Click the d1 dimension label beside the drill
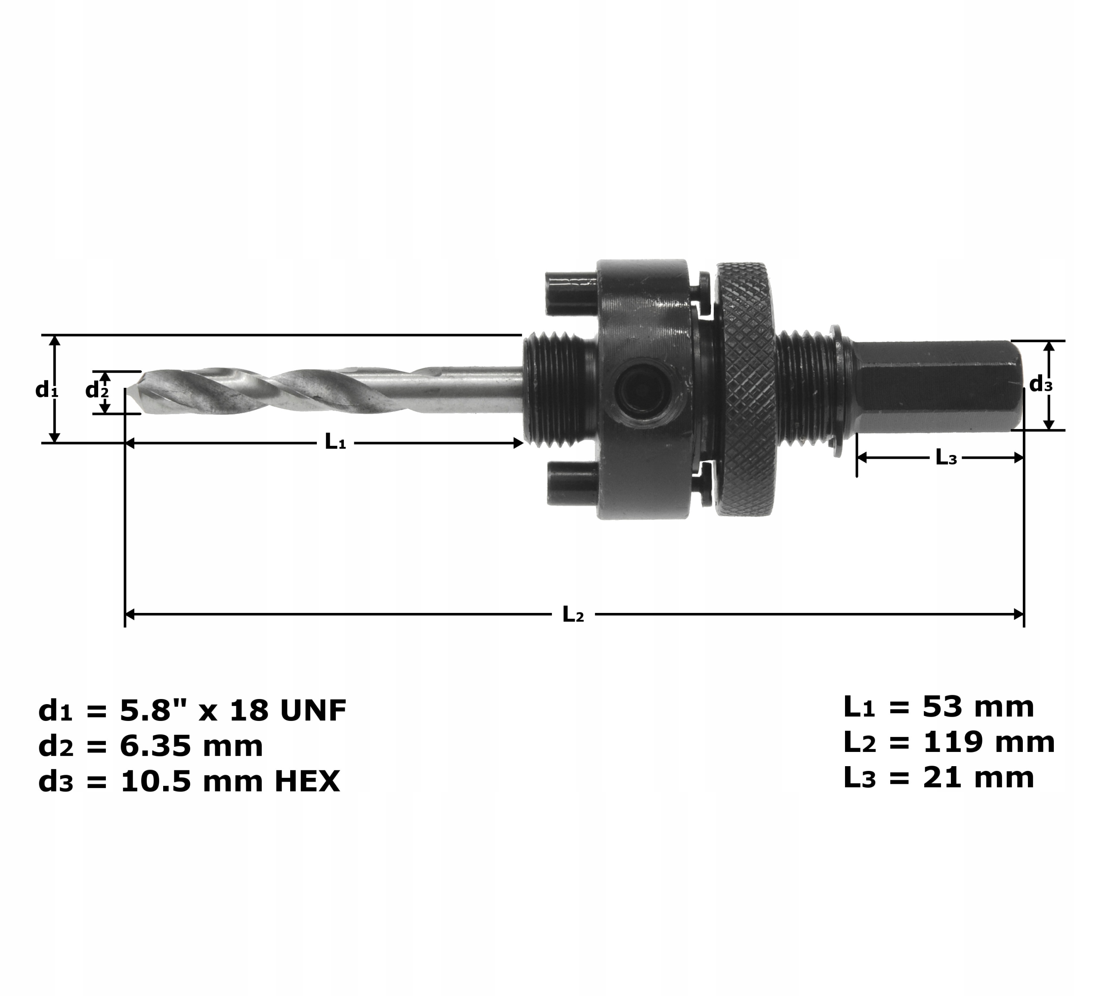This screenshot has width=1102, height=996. [46, 390]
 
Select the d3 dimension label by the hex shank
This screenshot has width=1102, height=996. [1041, 385]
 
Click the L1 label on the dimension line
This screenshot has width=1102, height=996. [335, 442]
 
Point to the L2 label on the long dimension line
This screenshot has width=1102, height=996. [573, 615]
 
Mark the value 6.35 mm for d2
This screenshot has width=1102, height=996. [191, 746]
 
